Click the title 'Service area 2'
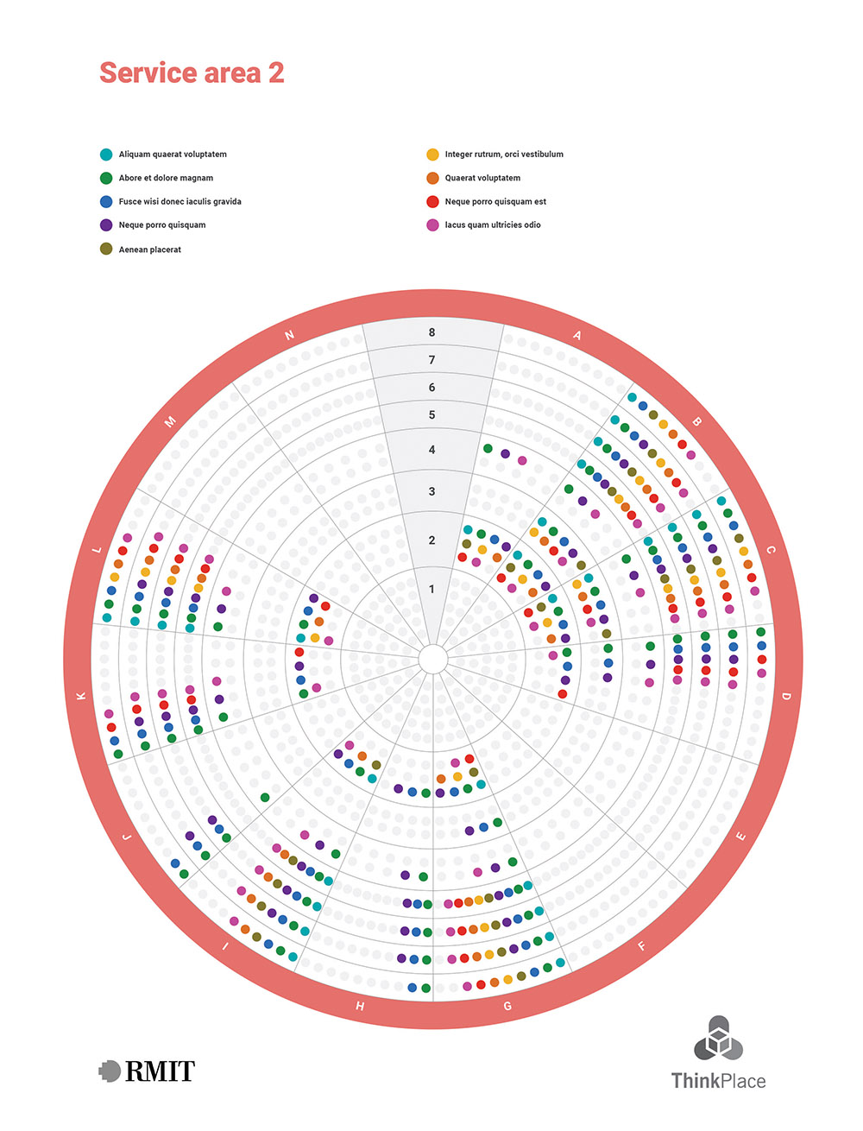point(192,73)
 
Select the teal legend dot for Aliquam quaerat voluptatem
point(106,155)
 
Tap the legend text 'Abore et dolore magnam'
point(166,178)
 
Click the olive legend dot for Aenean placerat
point(106,250)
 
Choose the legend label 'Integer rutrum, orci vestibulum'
point(504,155)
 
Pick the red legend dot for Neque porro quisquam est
point(432,201)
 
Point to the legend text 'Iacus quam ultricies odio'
point(493,224)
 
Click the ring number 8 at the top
point(432,332)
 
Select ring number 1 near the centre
point(432,589)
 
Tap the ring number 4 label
point(432,450)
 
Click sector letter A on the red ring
point(577,336)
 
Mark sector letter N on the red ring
point(290,336)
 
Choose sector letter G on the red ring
point(507,1006)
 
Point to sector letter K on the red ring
point(82,696)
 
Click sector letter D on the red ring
point(785,696)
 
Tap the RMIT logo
point(147,1071)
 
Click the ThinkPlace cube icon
point(718,1039)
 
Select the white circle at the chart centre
point(432,660)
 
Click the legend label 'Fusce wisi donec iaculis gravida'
point(180,201)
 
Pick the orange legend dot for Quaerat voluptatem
point(432,178)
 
